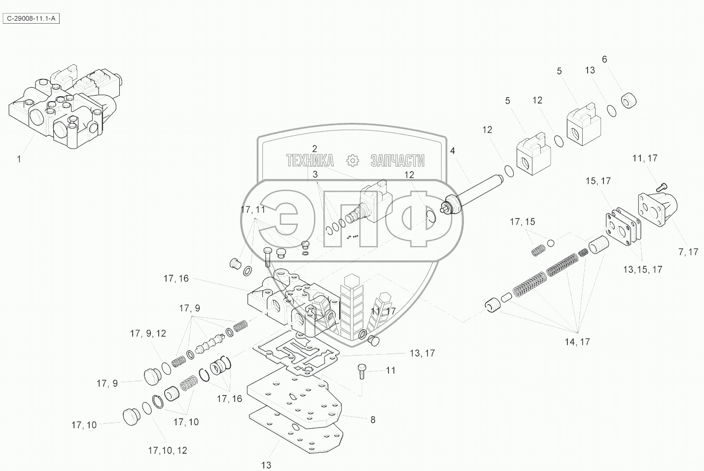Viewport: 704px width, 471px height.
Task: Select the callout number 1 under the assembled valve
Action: point(19,159)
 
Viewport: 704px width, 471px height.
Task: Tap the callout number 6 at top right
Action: point(604,59)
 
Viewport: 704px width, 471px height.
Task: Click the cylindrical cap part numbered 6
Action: point(629,101)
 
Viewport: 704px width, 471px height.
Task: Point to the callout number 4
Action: point(452,150)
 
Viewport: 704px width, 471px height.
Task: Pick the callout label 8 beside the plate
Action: point(373,420)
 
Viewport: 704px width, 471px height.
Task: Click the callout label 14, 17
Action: point(577,342)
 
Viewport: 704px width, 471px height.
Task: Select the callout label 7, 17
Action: point(688,252)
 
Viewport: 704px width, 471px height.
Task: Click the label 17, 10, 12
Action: point(168,450)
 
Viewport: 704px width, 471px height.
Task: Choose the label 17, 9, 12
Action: point(148,333)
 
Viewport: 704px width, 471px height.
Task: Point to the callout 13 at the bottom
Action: point(266,465)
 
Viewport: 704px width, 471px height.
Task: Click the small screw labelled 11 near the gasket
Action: point(362,371)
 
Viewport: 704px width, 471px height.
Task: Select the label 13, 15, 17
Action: point(642,270)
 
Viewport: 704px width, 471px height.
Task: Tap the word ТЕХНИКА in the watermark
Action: point(310,160)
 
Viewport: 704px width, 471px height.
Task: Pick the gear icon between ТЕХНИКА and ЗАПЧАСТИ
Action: point(352,160)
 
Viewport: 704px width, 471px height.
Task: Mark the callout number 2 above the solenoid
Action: point(314,148)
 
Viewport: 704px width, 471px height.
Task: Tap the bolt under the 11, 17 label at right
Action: point(662,186)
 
